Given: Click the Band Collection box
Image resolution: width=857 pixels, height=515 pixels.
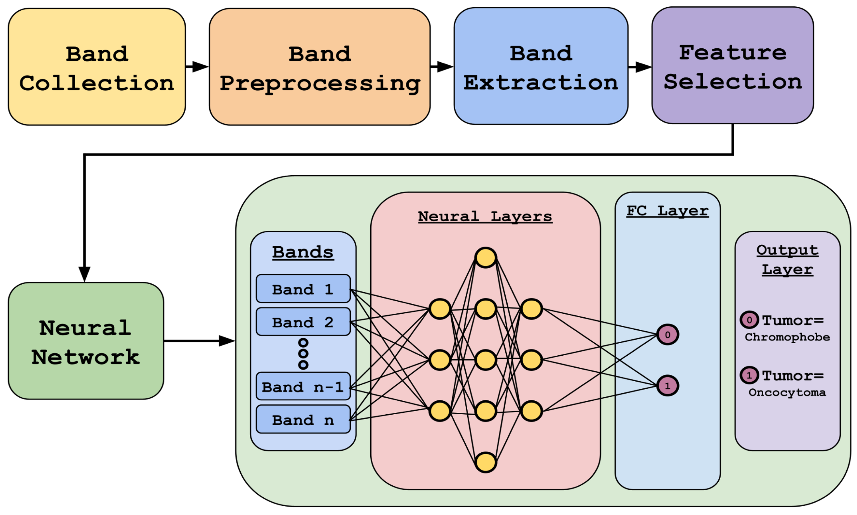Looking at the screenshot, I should click(x=96, y=67).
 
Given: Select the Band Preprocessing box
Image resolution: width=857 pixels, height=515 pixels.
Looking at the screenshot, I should click(x=319, y=67).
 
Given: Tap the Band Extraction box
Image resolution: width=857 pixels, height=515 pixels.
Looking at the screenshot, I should click(x=540, y=66).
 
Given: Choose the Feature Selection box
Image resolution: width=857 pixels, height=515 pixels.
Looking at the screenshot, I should click(x=732, y=65).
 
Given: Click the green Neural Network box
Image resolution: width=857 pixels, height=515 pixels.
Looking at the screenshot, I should click(x=86, y=341).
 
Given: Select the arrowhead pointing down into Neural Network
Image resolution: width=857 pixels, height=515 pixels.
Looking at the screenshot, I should click(x=84, y=273).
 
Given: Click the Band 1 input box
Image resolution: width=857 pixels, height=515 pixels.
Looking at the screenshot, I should click(x=303, y=289).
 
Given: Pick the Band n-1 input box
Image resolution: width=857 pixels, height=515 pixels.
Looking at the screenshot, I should click(x=303, y=386).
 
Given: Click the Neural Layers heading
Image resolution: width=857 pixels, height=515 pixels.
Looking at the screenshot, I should click(x=485, y=217).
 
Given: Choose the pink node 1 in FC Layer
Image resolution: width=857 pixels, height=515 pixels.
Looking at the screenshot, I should click(x=667, y=386).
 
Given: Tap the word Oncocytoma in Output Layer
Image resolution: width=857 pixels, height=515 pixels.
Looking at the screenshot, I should click(x=787, y=393).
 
